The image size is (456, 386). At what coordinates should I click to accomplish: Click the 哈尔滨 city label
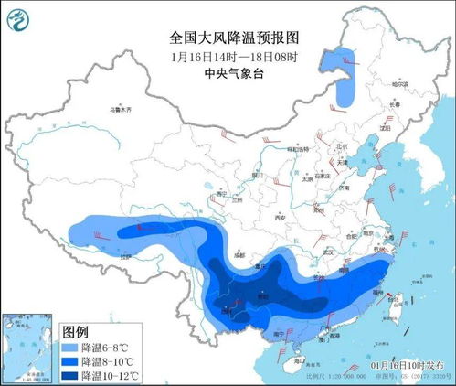click(396, 83)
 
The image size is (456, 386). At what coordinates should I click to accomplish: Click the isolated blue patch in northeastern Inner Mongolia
click(346, 78)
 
